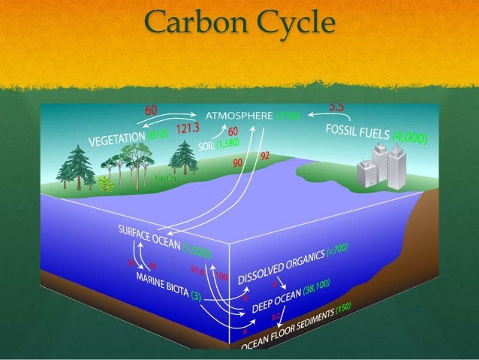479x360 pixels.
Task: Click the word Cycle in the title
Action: tap(290, 26)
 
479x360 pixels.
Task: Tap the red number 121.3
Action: tap(187, 128)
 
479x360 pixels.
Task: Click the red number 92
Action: tap(264, 156)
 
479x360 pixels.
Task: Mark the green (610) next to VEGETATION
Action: tap(157, 135)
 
